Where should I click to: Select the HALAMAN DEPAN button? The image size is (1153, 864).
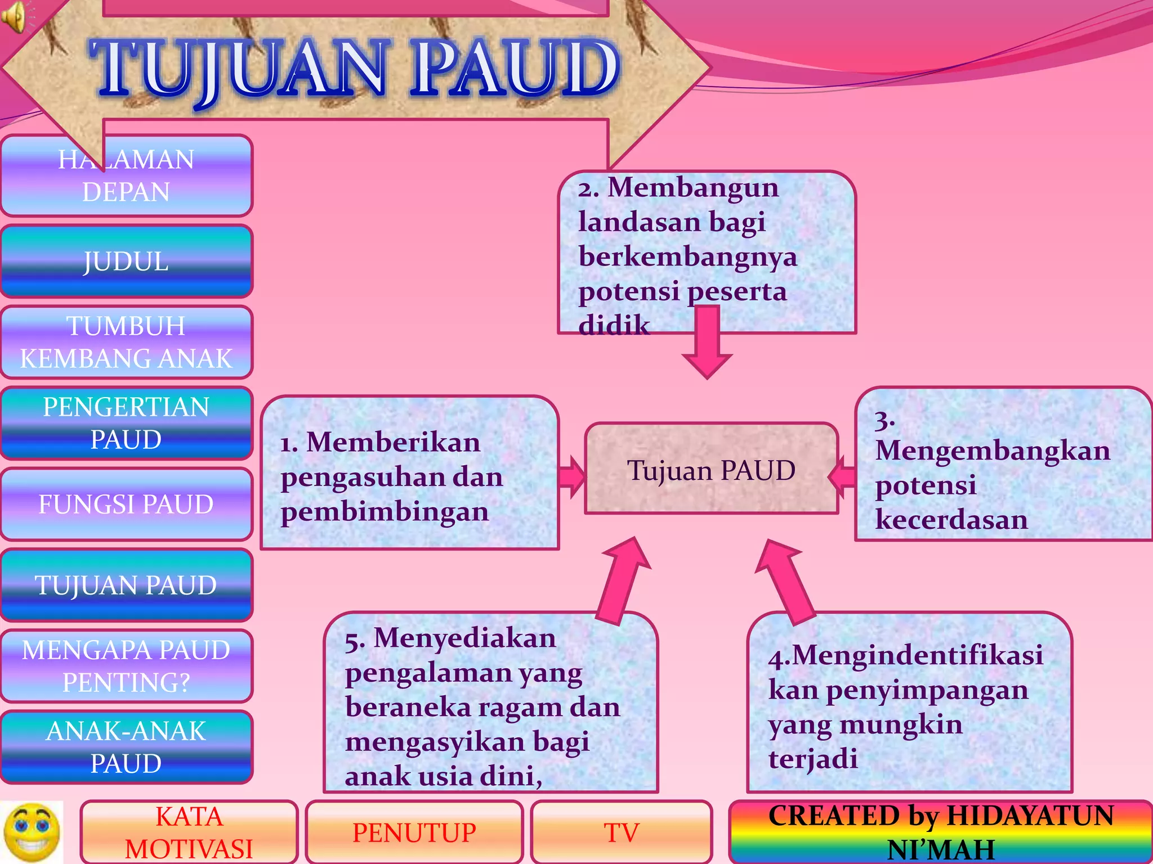[x=126, y=175]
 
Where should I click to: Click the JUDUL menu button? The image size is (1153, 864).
[x=126, y=261]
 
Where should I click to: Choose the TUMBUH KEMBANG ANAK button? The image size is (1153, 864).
[x=126, y=342]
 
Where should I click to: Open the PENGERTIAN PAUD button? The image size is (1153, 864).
[x=126, y=423]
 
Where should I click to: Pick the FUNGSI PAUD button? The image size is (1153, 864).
[x=126, y=504]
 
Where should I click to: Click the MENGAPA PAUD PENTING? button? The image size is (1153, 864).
[x=126, y=666]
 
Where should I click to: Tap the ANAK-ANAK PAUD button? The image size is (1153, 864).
[x=126, y=747]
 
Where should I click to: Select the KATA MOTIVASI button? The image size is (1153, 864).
[x=189, y=832]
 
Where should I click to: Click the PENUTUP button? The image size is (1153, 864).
[x=414, y=832]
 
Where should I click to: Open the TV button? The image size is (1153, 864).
[x=622, y=832]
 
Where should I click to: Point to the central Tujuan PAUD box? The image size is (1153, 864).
[x=712, y=469]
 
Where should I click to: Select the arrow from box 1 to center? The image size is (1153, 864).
[x=572, y=477]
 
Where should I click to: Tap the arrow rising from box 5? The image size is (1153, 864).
[x=623, y=579]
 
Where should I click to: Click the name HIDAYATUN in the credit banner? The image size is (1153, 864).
[x=1030, y=816]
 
